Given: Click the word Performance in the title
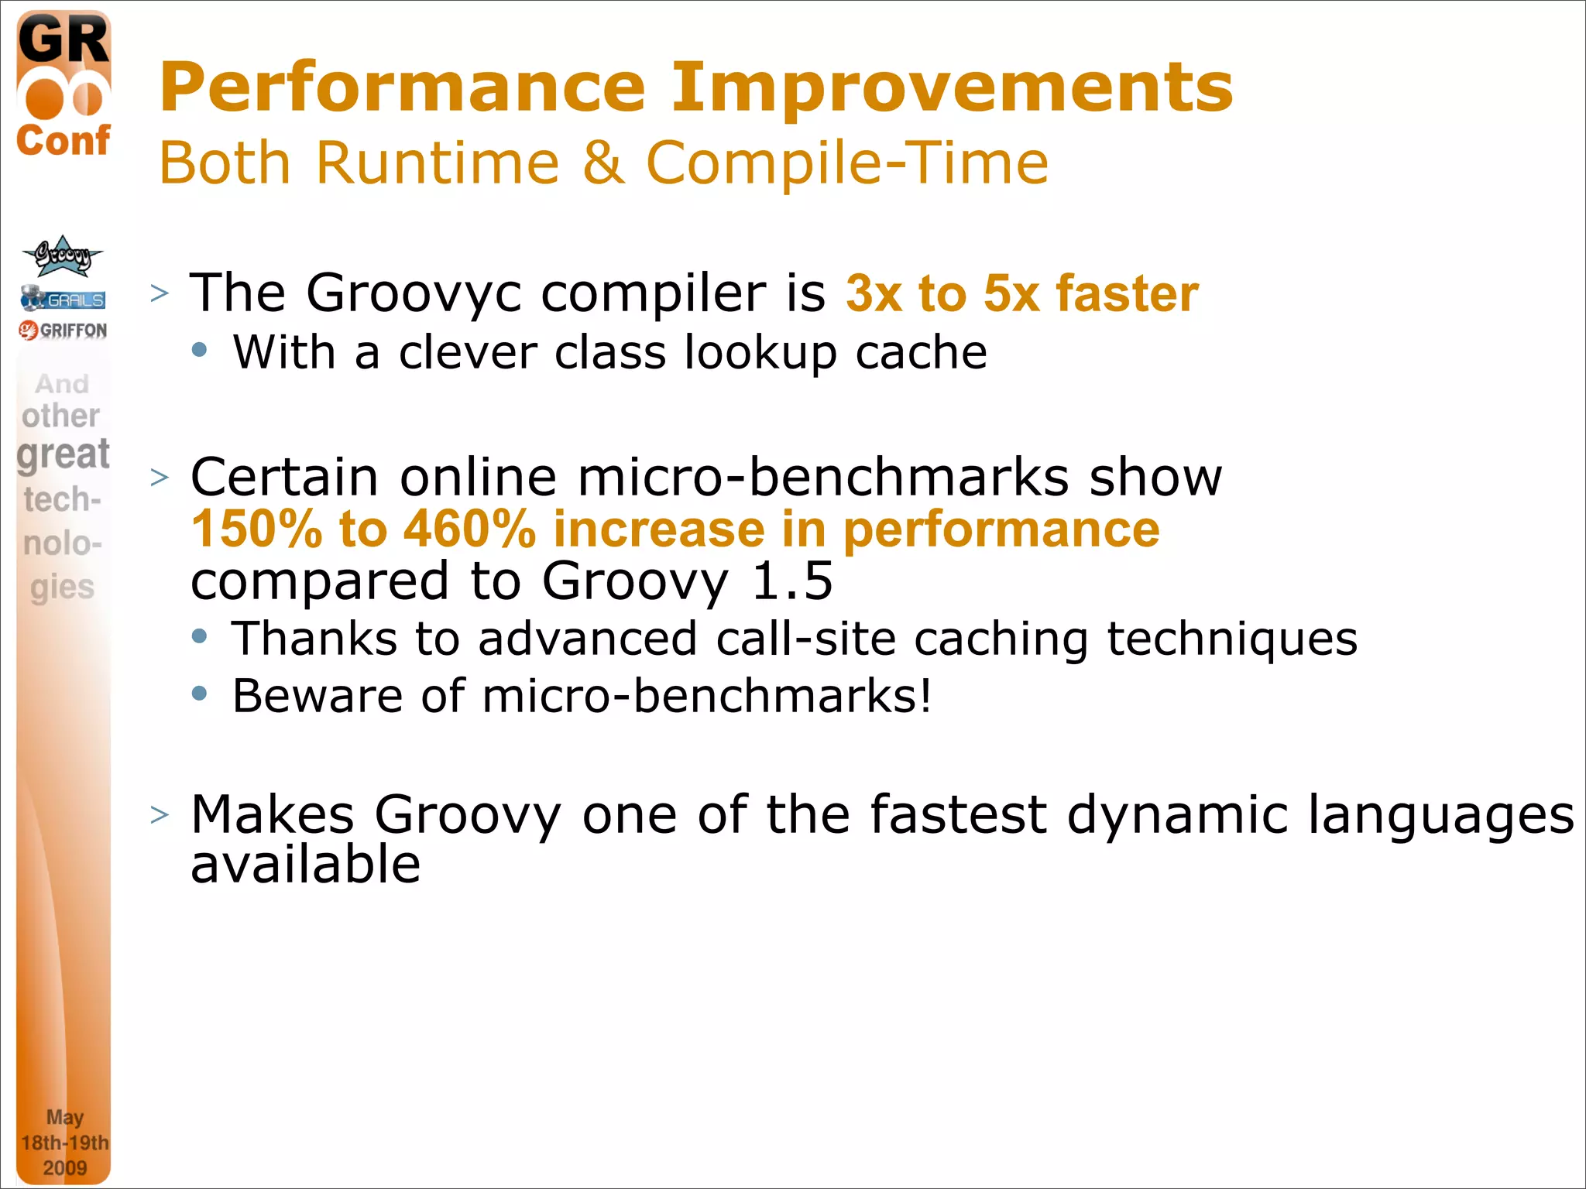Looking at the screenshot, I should tap(402, 87).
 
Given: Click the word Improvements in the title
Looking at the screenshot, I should tap(952, 87).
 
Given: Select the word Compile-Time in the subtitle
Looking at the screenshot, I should tap(847, 163).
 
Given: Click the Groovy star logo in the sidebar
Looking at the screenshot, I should tap(62, 256).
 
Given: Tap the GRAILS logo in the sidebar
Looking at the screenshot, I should tap(64, 298).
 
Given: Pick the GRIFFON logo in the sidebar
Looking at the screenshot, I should tap(64, 331).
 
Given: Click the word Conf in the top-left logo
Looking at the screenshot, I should tap(64, 141).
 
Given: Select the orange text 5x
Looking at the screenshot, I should tap(1011, 294).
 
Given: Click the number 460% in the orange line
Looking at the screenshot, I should tap(470, 529).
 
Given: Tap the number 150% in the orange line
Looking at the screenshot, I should tap(256, 529).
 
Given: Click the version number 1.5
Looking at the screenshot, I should tap(791, 581).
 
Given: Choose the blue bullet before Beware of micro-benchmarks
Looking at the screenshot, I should tap(200, 693).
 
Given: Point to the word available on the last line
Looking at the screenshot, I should tap(305, 865).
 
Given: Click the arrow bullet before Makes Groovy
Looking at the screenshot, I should tap(160, 815).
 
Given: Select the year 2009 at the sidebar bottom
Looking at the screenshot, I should tap(64, 1167).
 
